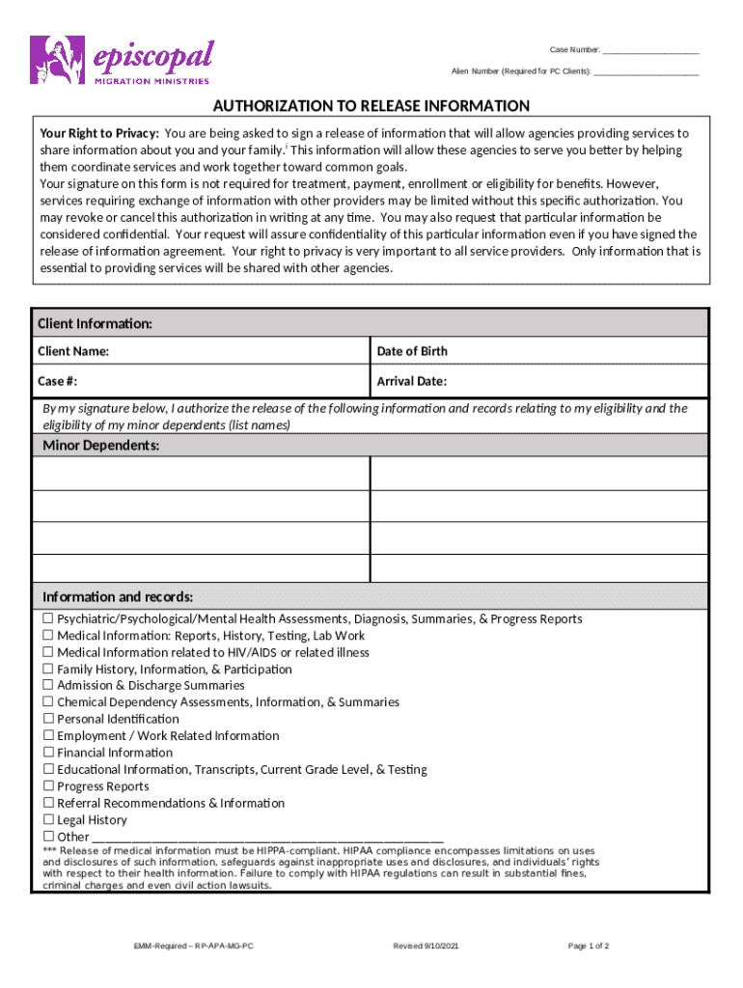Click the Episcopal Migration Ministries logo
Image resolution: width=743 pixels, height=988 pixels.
click(x=122, y=60)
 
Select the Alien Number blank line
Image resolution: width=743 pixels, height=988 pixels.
click(x=646, y=73)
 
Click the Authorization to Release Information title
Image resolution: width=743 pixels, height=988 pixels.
click(x=371, y=106)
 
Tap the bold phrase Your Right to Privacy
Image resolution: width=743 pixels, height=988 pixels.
click(x=98, y=134)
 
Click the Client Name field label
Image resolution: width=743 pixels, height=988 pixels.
click(x=73, y=351)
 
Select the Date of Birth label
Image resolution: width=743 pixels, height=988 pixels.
click(x=412, y=351)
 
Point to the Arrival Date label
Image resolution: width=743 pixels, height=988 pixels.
click(x=411, y=381)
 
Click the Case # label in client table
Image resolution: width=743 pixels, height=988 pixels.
click(x=57, y=381)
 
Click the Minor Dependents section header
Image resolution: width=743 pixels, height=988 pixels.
click(x=101, y=445)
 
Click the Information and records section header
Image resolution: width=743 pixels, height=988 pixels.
click(x=118, y=596)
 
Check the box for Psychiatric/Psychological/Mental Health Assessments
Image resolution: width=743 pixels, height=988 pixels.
click(x=47, y=619)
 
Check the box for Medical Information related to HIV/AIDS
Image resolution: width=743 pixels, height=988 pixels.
click(x=47, y=653)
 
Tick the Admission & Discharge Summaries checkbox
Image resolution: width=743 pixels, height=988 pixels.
click(x=47, y=686)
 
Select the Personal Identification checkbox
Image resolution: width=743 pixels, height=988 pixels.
click(x=47, y=720)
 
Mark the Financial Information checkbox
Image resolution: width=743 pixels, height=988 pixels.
click(x=47, y=754)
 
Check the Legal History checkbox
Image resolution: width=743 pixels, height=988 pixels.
click(x=47, y=820)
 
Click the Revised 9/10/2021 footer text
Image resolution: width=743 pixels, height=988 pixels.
click(x=426, y=947)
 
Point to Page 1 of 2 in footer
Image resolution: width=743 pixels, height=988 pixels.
click(x=589, y=947)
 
